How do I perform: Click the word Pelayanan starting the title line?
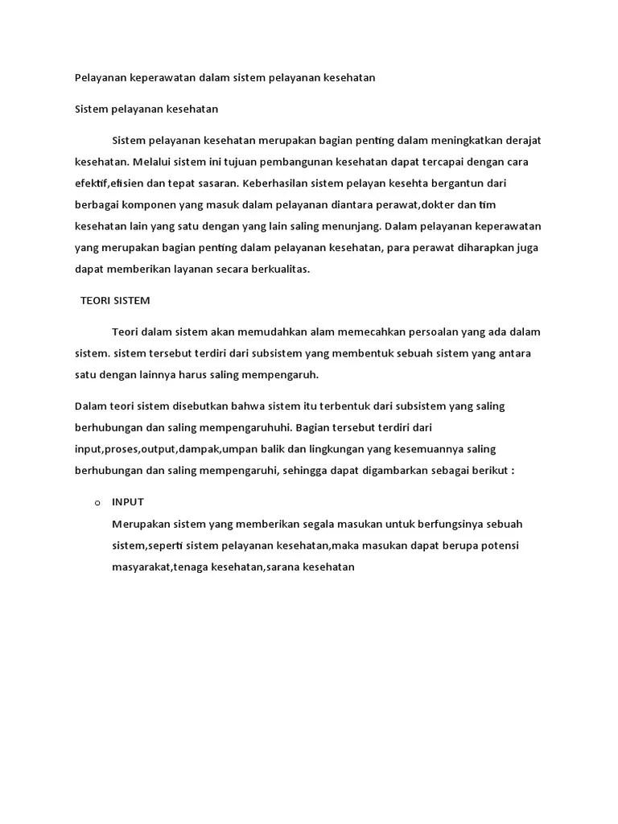(98, 78)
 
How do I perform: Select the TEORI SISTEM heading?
(115, 301)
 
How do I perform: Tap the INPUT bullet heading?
(128, 502)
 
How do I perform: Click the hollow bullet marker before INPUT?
(97, 503)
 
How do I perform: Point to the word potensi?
(500, 546)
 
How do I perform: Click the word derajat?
(521, 141)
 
